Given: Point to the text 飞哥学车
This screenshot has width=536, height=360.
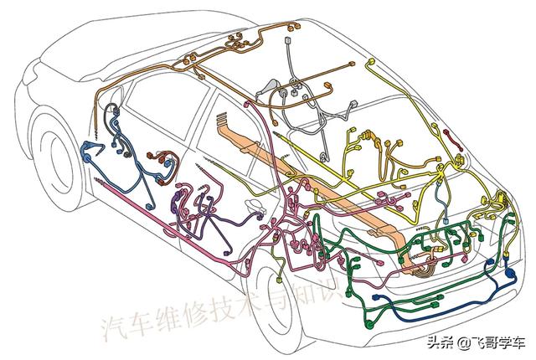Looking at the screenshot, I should [498, 341].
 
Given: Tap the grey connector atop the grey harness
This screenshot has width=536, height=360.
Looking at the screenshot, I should [289, 39].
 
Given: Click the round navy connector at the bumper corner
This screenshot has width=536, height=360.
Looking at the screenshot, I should [508, 273].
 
